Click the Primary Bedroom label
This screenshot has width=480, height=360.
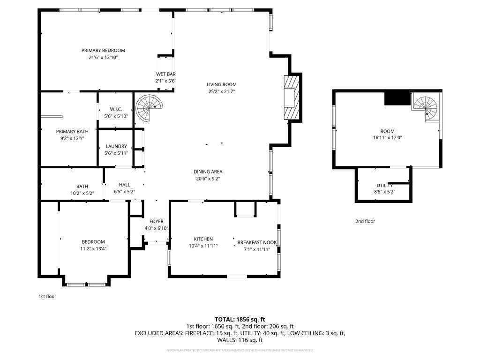pyautogui.click(x=103, y=50)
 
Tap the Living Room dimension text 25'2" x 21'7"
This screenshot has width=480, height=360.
pyautogui.click(x=221, y=92)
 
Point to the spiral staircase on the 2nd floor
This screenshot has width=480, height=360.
pyautogui.click(x=427, y=107)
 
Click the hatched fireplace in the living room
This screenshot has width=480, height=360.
pyautogui.click(x=290, y=97)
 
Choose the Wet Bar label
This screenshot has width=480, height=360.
pyautogui.click(x=165, y=74)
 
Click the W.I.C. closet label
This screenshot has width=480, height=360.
pyautogui.click(x=116, y=109)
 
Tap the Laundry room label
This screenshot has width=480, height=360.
pyautogui.click(x=116, y=146)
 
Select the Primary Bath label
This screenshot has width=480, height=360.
pyautogui.click(x=72, y=132)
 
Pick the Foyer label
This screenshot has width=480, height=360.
pyautogui.click(x=157, y=221)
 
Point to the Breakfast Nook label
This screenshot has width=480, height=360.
pyautogui.click(x=257, y=242)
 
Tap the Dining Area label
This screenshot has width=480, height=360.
pyautogui.click(x=208, y=172)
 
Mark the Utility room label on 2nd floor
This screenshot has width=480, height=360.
pyautogui.click(x=384, y=185)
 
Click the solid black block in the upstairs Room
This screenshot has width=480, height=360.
pyautogui.click(x=397, y=98)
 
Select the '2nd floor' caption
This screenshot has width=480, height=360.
pyautogui.click(x=365, y=221)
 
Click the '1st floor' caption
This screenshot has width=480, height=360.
pyautogui.click(x=47, y=296)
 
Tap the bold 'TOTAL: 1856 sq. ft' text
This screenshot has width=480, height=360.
pyautogui.click(x=240, y=319)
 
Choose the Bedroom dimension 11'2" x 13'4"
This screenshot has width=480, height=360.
pyautogui.click(x=94, y=249)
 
